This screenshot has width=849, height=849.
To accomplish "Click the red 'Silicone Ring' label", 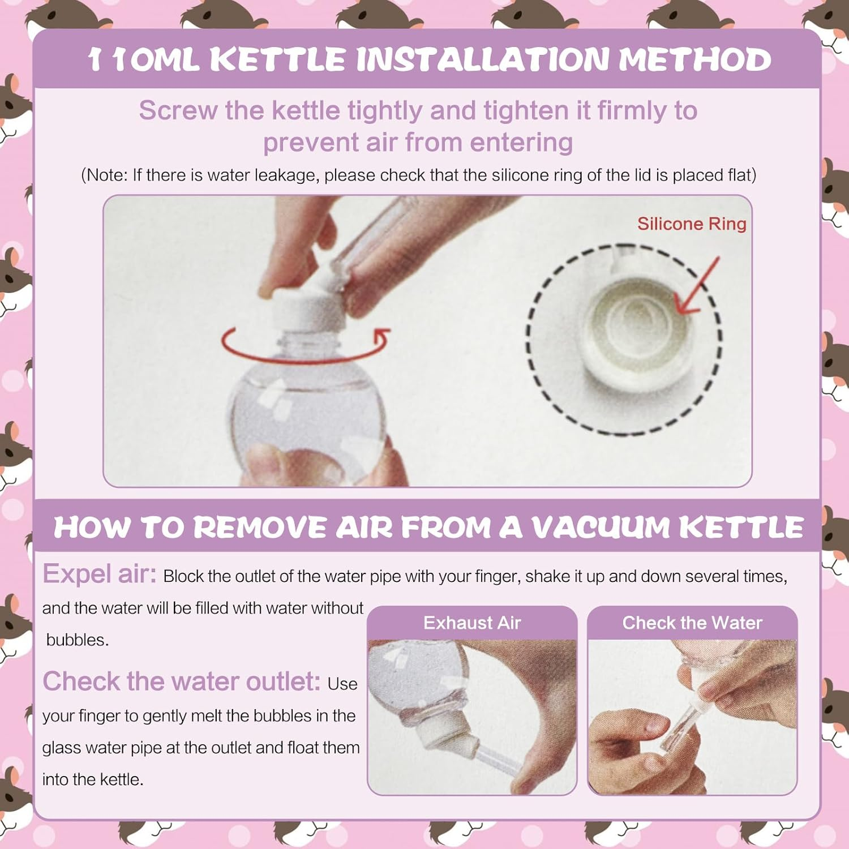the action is [x=692, y=224].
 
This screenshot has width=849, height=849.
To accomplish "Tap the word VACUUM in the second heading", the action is [x=600, y=528].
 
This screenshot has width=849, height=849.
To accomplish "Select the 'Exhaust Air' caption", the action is [x=472, y=623].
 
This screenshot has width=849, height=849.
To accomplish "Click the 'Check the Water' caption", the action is [x=692, y=623].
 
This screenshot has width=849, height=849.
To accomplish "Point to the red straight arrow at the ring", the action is [x=698, y=286].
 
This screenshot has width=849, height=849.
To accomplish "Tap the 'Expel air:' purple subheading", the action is [x=100, y=574].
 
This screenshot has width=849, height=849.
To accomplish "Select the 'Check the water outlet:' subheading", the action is [x=182, y=681].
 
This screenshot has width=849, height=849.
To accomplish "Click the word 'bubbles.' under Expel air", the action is [x=78, y=640].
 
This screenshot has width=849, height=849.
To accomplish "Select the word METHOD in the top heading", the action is [x=694, y=59].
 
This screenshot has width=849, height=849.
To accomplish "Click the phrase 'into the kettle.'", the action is [x=93, y=780].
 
